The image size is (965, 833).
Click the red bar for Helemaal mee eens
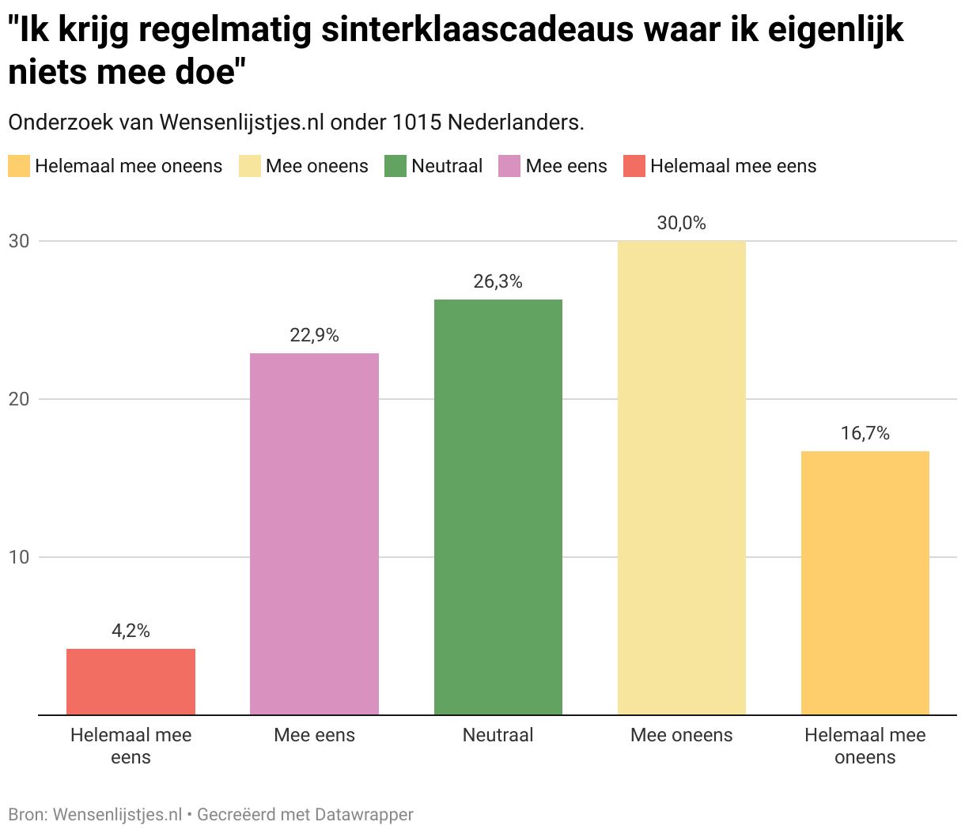tap(131, 681)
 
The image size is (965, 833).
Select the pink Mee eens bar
tap(314, 533)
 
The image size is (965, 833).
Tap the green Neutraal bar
tap(498, 507)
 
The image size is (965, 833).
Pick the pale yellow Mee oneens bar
tap(681, 477)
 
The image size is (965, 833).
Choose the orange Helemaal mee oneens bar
tap(865, 582)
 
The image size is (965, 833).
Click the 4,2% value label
tap(131, 631)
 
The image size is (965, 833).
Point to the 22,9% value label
tap(314, 335)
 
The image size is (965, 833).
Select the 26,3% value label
tap(498, 281)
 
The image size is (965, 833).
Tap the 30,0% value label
tap(681, 223)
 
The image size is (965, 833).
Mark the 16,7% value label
tap(865, 433)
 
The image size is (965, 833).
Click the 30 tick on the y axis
tap(19, 241)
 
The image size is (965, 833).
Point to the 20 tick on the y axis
tap(19, 399)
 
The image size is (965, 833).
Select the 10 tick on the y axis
tap(19, 557)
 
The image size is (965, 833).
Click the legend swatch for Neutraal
tap(395, 166)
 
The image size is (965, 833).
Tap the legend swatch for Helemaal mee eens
tap(634, 166)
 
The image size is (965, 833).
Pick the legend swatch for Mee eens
tap(509, 166)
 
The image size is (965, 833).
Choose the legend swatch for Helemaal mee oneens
tap(19, 166)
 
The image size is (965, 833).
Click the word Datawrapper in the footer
tap(364, 814)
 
